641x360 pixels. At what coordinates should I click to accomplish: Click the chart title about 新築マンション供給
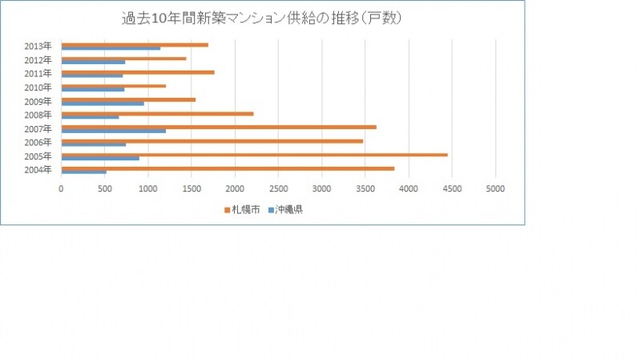262,18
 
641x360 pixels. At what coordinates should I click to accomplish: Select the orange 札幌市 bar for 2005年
254,155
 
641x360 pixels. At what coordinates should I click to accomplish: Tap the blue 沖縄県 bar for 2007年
114,131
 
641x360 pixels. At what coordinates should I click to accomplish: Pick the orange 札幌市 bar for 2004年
228,168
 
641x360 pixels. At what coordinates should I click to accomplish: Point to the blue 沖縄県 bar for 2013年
111,49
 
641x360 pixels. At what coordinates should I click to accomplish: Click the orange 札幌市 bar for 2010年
114,86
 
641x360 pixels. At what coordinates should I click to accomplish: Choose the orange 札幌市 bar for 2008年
157,114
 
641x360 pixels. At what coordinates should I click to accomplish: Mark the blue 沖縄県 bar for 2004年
84,172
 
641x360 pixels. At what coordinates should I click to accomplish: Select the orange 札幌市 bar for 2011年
138,72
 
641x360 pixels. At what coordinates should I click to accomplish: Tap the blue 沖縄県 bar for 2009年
103,103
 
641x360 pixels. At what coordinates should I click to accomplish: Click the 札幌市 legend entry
242,210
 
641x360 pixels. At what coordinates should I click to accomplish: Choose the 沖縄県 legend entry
286,210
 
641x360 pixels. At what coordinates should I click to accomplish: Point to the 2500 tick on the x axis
278,188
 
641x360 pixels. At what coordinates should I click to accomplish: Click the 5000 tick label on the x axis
495,188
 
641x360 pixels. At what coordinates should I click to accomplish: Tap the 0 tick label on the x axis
62,188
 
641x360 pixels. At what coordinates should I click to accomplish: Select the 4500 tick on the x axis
452,188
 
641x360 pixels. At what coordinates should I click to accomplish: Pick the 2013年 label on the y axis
38,47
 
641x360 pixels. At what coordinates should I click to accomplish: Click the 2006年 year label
38,143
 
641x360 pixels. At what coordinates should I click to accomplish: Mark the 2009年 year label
38,101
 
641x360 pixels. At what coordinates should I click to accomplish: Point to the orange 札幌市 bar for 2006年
212,141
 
